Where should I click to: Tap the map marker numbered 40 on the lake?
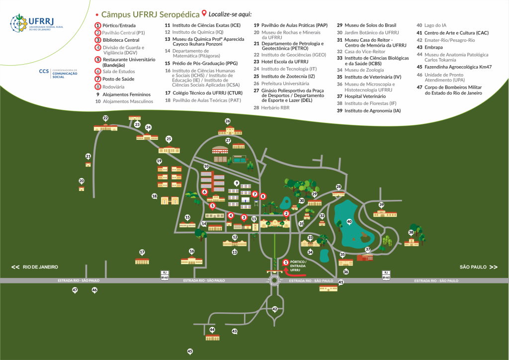[349, 222]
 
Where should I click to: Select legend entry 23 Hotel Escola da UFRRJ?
[281, 62]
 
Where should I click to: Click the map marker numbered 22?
[105, 118]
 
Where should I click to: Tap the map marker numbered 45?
[190, 351]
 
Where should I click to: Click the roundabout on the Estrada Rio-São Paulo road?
[274, 281]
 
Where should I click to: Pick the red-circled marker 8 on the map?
[263, 196]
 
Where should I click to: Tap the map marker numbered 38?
[411, 232]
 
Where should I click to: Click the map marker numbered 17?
[142, 252]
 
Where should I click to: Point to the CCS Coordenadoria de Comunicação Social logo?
[58, 74]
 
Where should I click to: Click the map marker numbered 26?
[228, 121]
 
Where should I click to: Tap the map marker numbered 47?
[75, 290]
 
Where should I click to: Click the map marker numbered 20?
[82, 181]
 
